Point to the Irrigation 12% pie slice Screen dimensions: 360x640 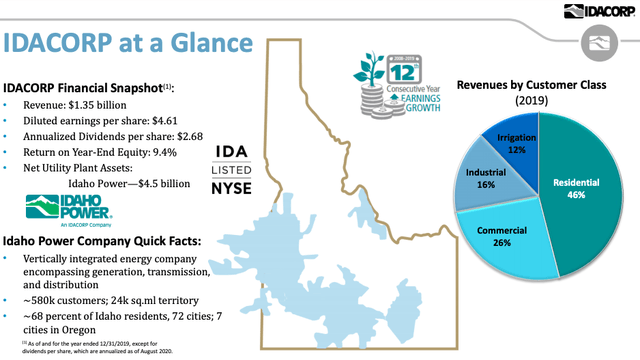coord(517,141)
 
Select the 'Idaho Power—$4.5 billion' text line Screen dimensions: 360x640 coord(131,182)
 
